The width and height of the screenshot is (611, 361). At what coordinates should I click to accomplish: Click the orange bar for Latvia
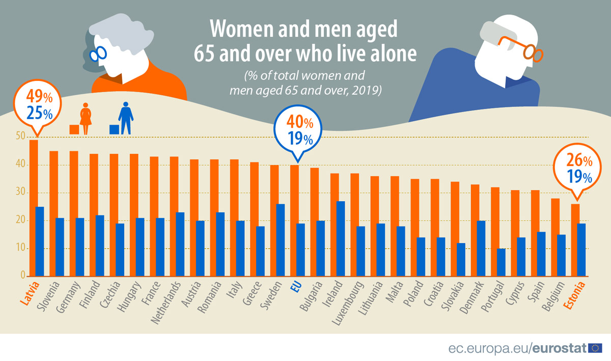[34, 208]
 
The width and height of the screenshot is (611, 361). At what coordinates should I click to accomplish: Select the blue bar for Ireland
[341, 239]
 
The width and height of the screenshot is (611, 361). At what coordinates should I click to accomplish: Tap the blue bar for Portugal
[501, 262]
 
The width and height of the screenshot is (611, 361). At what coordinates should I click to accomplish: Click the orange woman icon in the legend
[86, 119]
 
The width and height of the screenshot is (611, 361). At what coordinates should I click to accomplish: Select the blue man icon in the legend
[125, 118]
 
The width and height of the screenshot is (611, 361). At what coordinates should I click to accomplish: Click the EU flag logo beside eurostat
[595, 348]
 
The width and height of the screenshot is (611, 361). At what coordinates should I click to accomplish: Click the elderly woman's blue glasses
[99, 53]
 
